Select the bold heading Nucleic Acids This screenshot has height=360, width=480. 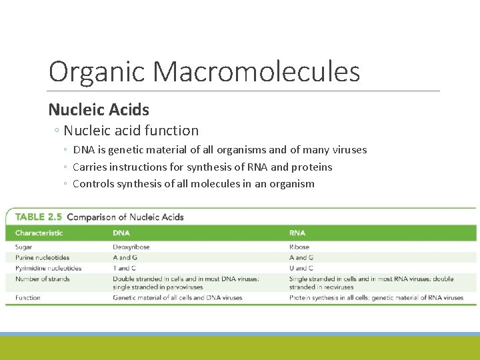pyautogui.click(x=99, y=109)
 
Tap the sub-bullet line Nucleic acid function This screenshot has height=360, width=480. pyautogui.click(x=131, y=131)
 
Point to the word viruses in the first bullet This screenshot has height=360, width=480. pyautogui.click(x=347, y=150)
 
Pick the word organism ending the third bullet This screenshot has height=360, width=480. pyautogui.click(x=289, y=183)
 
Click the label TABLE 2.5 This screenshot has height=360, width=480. pyautogui.click(x=39, y=217)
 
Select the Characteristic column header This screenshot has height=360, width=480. pyautogui.click(x=39, y=233)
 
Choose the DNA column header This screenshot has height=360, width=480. pyautogui.click(x=121, y=233)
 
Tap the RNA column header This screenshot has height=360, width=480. pyautogui.click(x=297, y=233)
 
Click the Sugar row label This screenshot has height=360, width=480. pyautogui.click(x=23, y=247)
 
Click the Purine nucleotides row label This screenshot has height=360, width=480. pyautogui.click(x=42, y=257)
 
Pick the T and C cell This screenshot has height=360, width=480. pyautogui.click(x=125, y=268)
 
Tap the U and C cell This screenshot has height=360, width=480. pyautogui.click(x=301, y=268)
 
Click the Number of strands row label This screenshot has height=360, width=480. pyautogui.click(x=42, y=279)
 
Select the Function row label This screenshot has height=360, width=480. pyautogui.click(x=28, y=297)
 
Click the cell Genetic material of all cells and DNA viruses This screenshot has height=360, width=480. pyautogui.click(x=177, y=297)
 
